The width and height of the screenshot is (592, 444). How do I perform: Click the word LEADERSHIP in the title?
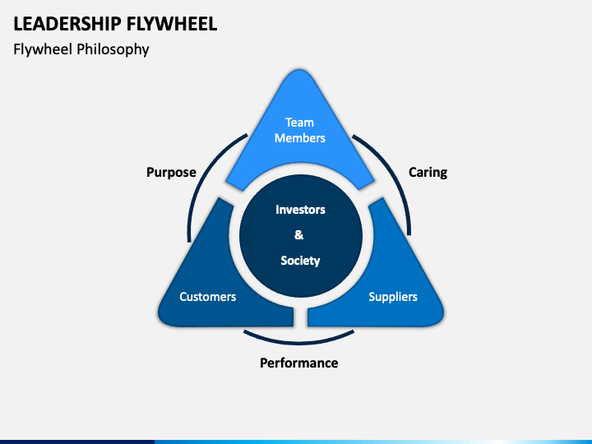pos(67,24)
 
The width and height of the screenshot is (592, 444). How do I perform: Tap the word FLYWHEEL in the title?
pos(172,24)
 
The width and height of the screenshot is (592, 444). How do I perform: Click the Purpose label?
pos(171,173)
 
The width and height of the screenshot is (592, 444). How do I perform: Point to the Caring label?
pos(428,173)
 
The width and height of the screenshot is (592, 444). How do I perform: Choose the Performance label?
pos(299,363)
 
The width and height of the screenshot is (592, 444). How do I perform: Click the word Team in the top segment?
pos(299,123)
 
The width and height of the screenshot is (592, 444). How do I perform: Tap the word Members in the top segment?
pos(300,138)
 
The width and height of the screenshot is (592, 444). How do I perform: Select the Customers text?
pos(208,297)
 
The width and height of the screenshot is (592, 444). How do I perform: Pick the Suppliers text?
pos(393,297)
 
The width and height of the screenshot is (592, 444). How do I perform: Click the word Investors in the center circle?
pos(300,210)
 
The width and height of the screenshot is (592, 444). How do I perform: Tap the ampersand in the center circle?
pos(299,235)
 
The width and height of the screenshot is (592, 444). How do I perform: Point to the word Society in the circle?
pos(300,261)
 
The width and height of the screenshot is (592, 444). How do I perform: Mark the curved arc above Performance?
pos(299,343)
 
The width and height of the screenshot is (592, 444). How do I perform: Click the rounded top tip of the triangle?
pos(299,71)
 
